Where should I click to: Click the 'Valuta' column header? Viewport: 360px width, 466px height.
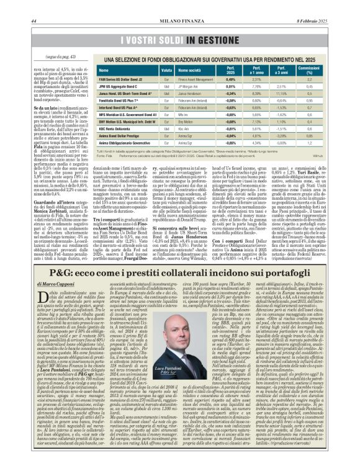pos(167,70)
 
